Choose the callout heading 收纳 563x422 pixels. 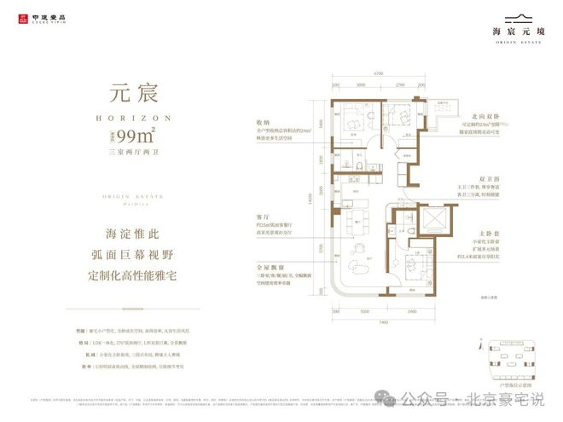point(252,121)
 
